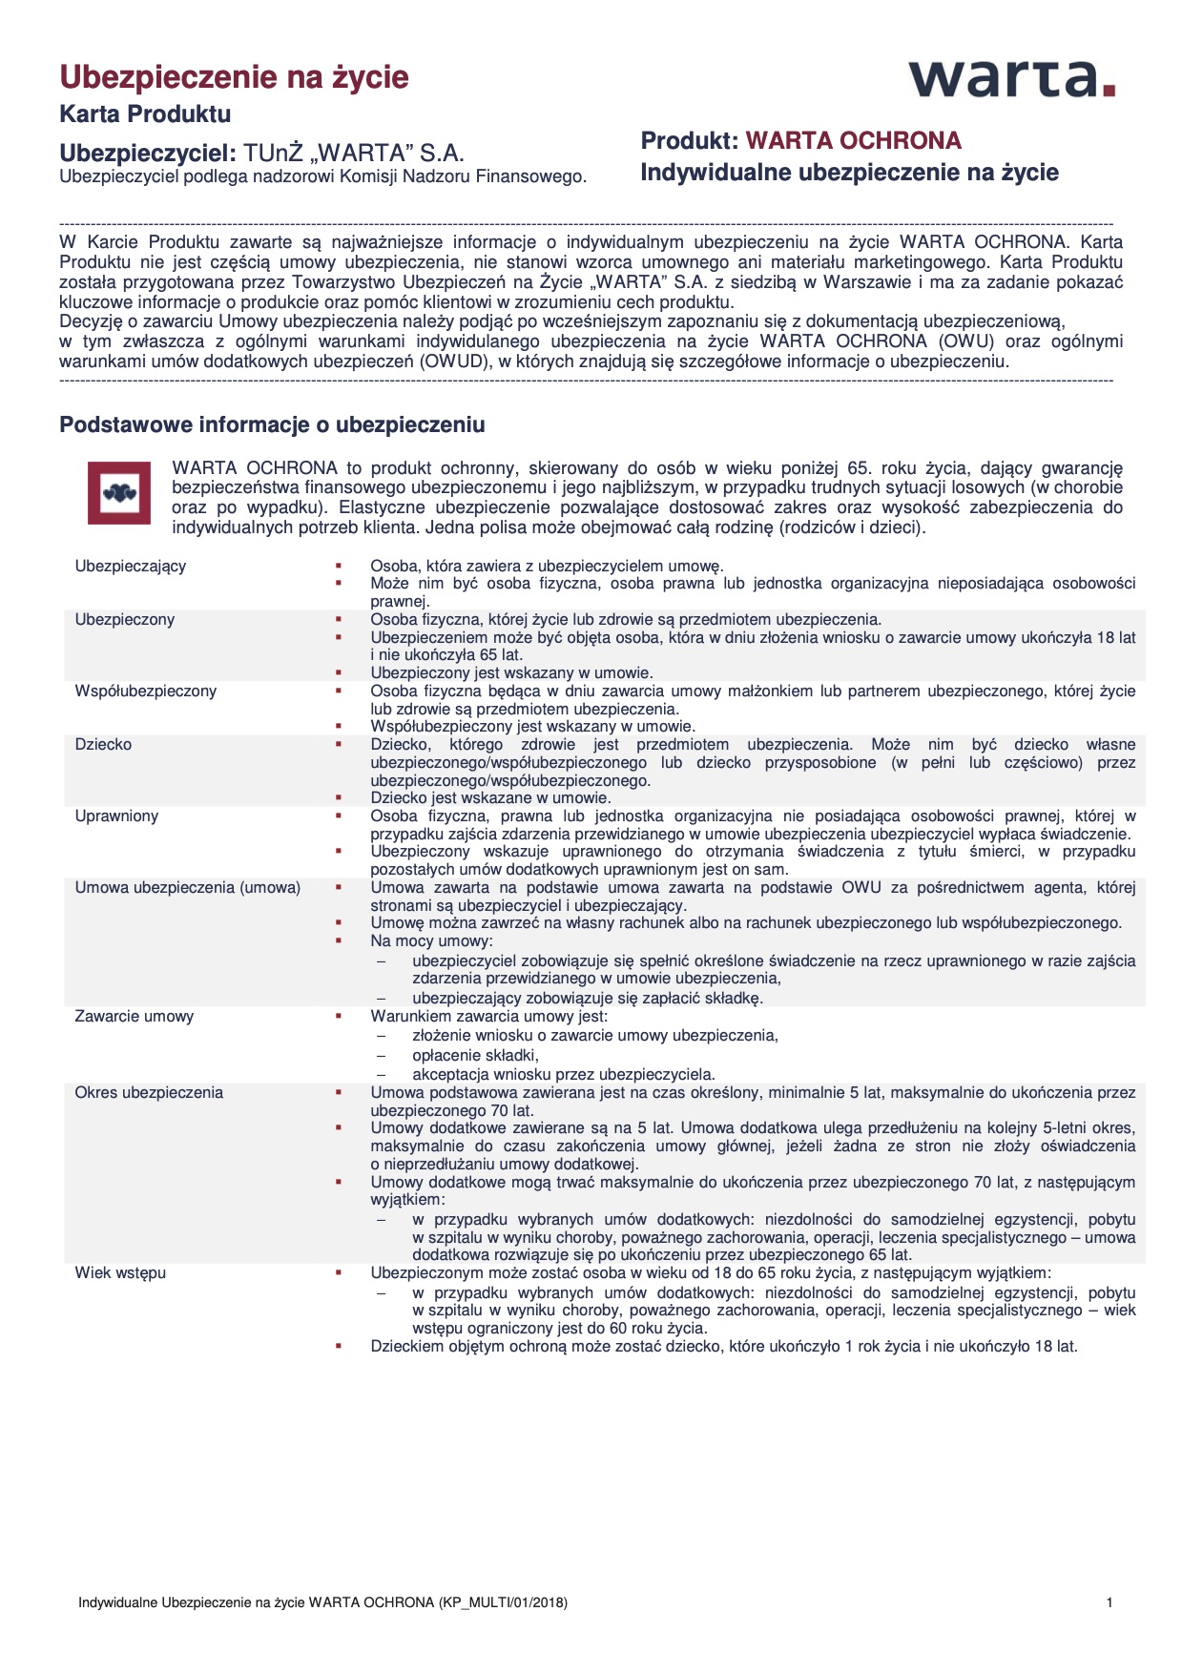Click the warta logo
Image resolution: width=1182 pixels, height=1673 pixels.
1011,79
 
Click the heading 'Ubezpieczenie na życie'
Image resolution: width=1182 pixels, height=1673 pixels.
234,77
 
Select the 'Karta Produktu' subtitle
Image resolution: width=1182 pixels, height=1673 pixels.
145,114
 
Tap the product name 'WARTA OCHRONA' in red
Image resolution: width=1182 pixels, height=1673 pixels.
853,141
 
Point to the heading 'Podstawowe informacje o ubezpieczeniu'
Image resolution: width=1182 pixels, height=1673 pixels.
272,425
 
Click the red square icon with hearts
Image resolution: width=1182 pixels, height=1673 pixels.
119,493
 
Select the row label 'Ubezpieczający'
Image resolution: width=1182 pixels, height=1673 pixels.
131,567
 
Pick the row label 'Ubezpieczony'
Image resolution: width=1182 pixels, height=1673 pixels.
125,620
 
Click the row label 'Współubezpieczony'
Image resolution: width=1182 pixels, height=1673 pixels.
146,692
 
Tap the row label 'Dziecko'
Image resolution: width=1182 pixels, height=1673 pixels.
104,745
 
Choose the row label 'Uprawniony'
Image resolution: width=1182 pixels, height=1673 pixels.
116,816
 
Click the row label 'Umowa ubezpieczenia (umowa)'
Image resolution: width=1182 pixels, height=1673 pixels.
188,888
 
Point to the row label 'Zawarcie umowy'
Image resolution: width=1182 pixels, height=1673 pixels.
135,1017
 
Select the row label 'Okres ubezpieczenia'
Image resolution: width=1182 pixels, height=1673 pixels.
149,1093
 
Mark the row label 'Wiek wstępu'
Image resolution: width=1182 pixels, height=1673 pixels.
120,1273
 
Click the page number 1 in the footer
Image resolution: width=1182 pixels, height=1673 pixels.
1109,1603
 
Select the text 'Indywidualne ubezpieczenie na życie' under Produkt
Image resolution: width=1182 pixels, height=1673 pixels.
849,173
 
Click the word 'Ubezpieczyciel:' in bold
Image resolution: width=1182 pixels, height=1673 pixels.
147,154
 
